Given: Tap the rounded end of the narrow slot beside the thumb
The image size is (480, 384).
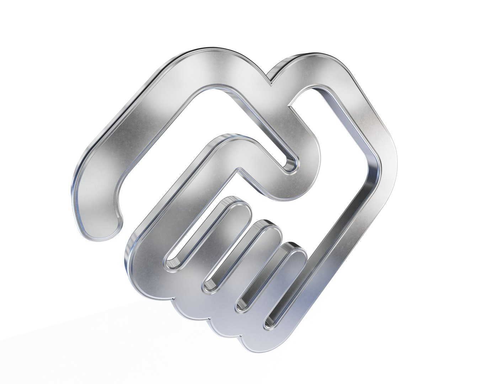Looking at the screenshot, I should click(x=290, y=165).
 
